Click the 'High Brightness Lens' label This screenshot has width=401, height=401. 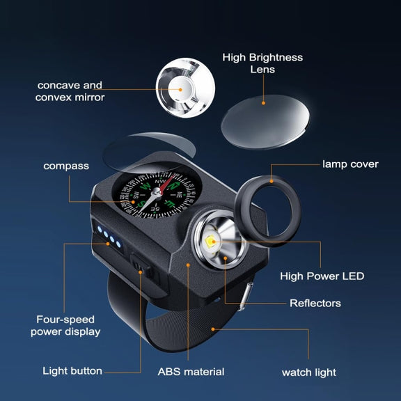262,63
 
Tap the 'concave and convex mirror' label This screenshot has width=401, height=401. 70,91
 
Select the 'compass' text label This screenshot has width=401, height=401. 66,166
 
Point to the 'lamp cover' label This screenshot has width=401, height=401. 350,164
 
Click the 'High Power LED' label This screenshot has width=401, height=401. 322,276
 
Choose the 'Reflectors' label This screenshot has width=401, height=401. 315,304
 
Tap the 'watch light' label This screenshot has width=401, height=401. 309,372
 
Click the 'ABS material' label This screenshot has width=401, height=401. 191,372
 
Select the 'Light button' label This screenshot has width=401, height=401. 72,371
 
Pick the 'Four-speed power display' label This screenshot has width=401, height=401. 65,326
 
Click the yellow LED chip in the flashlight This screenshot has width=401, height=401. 211,241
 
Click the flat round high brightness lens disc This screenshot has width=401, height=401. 265,122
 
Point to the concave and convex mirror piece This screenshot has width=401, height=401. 185,88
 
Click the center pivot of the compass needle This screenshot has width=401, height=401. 157,191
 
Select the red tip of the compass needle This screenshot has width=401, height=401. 171,180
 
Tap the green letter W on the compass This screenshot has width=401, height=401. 146,186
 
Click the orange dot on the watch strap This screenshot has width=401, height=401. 213,329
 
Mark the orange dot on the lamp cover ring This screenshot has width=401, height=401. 272,181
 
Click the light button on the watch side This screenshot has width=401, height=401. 141,265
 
